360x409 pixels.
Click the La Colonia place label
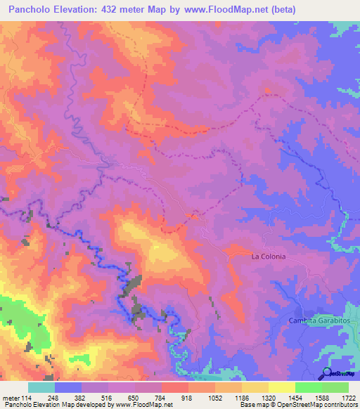point(269,257)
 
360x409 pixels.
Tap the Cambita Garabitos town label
point(317,320)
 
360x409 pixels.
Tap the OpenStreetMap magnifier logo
point(328,373)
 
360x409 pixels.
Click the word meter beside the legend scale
point(10,398)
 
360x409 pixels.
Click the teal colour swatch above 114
point(41,387)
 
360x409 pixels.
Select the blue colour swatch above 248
point(68,387)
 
